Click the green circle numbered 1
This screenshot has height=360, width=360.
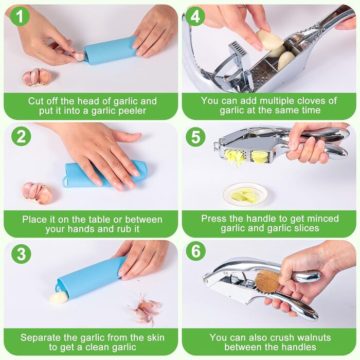tap(20, 16)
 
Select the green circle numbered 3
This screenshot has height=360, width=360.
tap(21, 254)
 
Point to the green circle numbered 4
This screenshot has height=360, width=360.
tap(195, 16)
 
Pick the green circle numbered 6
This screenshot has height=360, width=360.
tap(195, 251)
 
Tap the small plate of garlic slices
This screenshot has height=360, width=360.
tap(245, 194)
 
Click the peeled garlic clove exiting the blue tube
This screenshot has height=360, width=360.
tap(59, 298)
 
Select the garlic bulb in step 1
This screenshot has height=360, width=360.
tap(37, 77)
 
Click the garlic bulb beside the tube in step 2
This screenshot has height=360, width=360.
tap(37, 193)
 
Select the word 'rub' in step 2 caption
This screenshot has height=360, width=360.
tap(124, 229)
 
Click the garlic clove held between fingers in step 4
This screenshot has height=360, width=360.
tap(270, 40)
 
